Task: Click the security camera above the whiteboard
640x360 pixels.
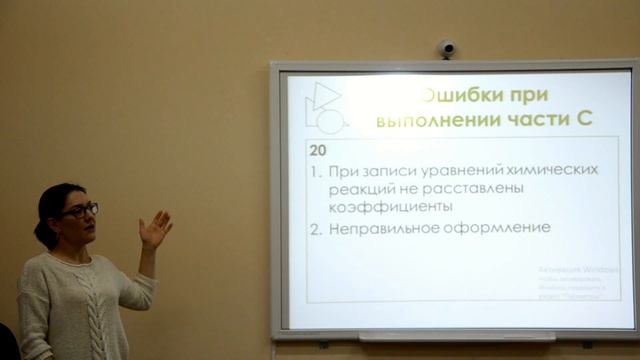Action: (x=446, y=47)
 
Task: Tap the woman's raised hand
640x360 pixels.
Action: (x=154, y=229)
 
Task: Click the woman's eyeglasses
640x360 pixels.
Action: (x=80, y=210)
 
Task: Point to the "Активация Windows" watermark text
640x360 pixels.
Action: (x=578, y=270)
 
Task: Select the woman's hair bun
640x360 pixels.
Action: (x=40, y=234)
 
